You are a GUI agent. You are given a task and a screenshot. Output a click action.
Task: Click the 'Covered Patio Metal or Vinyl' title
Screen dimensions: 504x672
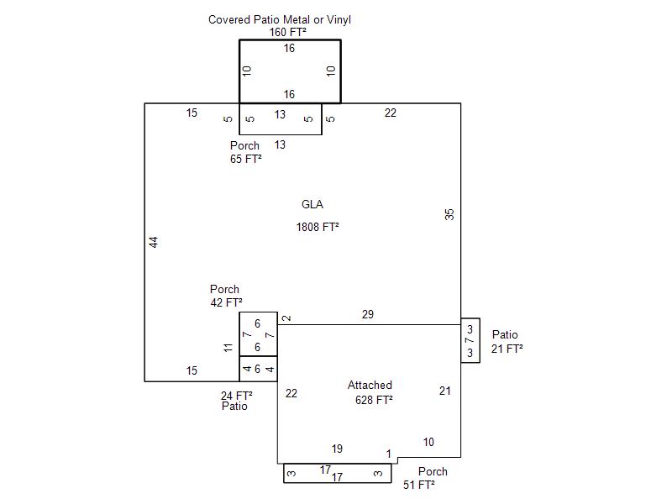tap(280, 19)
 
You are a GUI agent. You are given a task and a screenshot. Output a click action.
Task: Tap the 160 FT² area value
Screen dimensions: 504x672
tap(287, 33)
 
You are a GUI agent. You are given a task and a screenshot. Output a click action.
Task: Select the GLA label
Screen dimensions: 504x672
tap(312, 204)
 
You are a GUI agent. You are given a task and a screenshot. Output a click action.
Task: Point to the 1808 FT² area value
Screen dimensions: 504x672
tap(318, 227)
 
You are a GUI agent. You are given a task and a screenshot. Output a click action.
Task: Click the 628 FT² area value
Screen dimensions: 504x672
tap(374, 400)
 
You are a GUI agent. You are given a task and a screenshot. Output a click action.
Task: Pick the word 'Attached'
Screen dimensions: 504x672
tap(370, 385)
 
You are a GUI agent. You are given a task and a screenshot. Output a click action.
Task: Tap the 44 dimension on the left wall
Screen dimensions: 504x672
tap(154, 242)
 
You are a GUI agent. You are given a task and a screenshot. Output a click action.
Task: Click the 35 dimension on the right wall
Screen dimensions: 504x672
tap(449, 214)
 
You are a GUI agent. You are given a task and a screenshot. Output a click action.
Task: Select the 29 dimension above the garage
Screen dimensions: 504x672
tap(368, 315)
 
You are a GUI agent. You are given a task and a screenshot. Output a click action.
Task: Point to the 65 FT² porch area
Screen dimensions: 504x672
tap(245, 159)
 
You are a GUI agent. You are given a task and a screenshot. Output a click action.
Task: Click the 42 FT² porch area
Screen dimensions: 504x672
tap(226, 302)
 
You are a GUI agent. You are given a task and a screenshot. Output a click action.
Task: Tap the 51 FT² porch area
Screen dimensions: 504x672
tap(418, 485)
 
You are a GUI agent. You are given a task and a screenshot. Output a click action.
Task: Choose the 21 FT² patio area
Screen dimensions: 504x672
tap(507, 348)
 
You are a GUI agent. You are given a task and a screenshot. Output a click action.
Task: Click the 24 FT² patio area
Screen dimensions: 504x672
tap(236, 395)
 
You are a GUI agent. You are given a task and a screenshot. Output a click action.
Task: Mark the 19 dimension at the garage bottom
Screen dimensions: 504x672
tap(337, 449)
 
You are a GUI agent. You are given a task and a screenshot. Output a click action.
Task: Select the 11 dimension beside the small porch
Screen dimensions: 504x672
tap(228, 347)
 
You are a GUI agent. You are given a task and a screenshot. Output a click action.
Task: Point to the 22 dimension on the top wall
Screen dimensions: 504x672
tap(391, 113)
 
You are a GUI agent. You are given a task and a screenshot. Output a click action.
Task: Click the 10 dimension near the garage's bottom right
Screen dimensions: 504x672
tap(428, 443)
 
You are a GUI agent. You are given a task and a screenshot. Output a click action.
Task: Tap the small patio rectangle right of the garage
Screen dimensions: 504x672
tap(470, 341)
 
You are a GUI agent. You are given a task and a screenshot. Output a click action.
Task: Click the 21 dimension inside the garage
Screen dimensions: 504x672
tap(445, 391)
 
